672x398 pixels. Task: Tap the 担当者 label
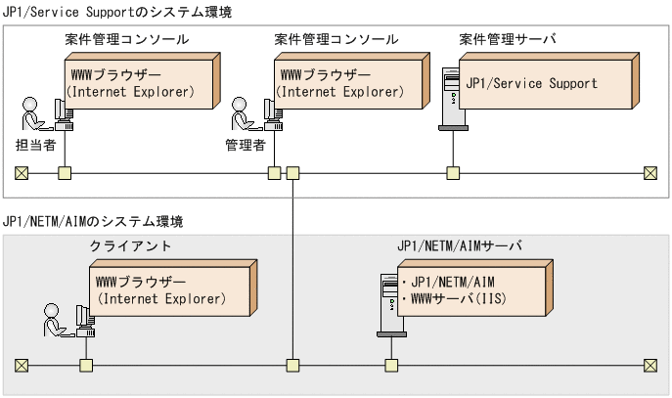(x=35, y=144)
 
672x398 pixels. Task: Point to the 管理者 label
(x=246, y=144)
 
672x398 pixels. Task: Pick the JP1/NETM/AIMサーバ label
(x=459, y=245)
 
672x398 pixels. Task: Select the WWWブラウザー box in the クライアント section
(x=166, y=291)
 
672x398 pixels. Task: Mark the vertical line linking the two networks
(x=292, y=264)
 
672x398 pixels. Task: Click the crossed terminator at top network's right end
(x=650, y=174)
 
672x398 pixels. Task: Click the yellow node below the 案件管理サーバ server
(x=453, y=174)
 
